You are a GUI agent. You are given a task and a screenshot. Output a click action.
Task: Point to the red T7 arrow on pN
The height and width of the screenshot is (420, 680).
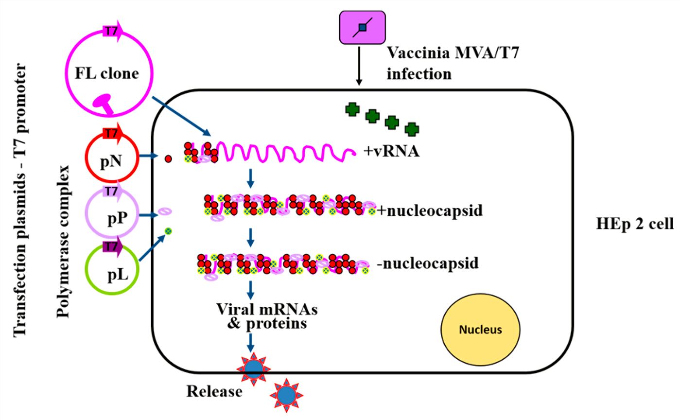click(x=112, y=134)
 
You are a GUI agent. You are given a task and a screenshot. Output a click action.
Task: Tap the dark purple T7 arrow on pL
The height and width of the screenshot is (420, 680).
click(x=111, y=247)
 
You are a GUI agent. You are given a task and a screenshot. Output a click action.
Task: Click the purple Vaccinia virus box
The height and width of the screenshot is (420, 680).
click(x=362, y=27)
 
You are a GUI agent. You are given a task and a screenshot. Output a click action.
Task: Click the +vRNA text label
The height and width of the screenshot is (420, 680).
click(x=391, y=152)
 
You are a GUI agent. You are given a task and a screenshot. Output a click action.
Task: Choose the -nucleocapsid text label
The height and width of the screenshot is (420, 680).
click(x=428, y=263)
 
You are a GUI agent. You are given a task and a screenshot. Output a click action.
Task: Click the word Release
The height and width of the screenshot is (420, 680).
click(x=214, y=391)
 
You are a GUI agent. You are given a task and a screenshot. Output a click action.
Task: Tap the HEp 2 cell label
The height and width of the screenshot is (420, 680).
click(x=634, y=224)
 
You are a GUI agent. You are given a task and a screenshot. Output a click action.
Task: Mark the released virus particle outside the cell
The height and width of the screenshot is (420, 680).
click(x=286, y=395)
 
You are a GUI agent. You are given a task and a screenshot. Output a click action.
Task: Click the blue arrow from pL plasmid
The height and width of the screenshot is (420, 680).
click(x=153, y=246)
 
